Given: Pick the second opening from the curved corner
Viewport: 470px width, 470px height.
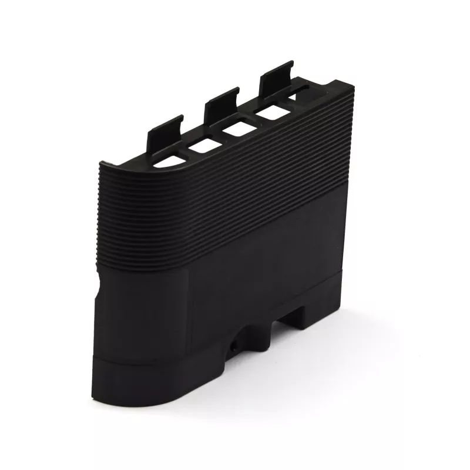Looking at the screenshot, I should pyautogui.click(x=206, y=145).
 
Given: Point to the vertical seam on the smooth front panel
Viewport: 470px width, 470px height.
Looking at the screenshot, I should pyautogui.click(x=188, y=311).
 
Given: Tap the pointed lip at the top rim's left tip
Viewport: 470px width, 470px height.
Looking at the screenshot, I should pyautogui.click(x=103, y=164).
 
